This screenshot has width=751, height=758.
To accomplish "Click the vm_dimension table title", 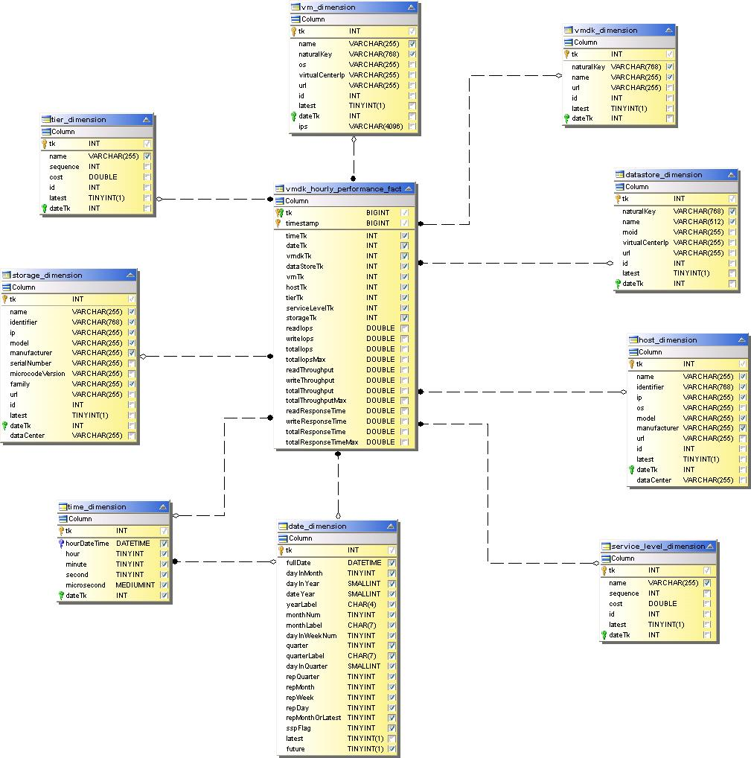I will [x=328, y=7].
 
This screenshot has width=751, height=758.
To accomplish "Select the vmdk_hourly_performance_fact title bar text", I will [x=343, y=188].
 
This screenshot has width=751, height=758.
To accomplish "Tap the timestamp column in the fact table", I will [x=302, y=223].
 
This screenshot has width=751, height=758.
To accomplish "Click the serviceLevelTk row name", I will [x=310, y=308].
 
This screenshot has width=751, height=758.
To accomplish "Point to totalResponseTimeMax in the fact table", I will [x=322, y=442].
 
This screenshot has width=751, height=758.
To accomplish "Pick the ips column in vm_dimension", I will [x=303, y=127].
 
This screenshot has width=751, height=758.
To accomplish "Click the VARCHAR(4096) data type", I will [x=375, y=127].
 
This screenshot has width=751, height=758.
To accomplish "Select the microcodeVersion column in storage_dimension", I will [x=37, y=374].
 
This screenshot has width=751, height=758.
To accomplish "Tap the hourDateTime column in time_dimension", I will [x=87, y=544].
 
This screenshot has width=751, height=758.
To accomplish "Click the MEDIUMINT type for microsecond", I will [x=135, y=585].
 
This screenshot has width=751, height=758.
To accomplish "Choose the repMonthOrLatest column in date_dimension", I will [x=313, y=718].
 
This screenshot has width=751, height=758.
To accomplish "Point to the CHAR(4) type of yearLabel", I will [x=362, y=605].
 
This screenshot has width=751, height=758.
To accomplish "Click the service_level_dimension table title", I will [x=658, y=546].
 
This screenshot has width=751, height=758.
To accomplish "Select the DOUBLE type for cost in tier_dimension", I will [x=103, y=177].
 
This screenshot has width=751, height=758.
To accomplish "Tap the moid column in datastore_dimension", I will [x=630, y=232].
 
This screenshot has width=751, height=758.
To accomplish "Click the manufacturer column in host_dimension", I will [x=657, y=428].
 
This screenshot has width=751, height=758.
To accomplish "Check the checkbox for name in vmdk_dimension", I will [x=670, y=77].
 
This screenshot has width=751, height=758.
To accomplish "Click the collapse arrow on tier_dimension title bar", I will [x=146, y=119].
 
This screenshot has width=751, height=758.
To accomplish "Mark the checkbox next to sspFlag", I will [x=392, y=728].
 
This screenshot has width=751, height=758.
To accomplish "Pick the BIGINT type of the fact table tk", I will [x=377, y=212].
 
